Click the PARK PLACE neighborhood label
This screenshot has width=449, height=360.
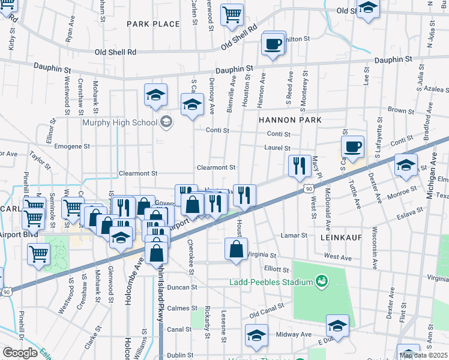click(x=153, y=24)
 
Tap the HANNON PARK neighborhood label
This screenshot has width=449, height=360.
click(x=290, y=120)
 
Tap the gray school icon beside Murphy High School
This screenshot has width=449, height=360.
click(x=166, y=122)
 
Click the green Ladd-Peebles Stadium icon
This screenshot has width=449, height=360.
click(x=321, y=281)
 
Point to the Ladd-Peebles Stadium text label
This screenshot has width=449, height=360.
click(x=271, y=282)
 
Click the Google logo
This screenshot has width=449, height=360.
click(x=20, y=353)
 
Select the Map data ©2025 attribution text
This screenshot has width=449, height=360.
click(x=423, y=355)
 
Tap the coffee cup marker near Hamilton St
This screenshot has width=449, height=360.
click(x=273, y=44)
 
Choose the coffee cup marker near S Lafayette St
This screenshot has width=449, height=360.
click(x=352, y=146)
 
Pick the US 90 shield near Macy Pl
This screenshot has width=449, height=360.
click(x=308, y=188)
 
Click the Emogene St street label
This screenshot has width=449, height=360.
click(x=72, y=146)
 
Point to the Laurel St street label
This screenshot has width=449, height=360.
click(x=279, y=148)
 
